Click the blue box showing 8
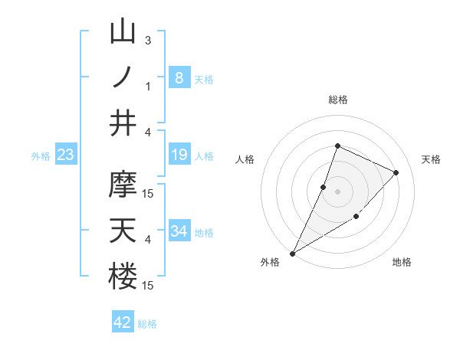coord(179,77)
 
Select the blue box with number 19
coord(179,155)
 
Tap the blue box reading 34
coord(179,231)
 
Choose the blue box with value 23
coord(66,155)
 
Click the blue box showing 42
coord(123,322)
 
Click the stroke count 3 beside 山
coord(148,40)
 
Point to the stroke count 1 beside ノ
coord(148,86)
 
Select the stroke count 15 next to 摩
coord(149,193)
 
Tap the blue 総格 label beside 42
coord(147,324)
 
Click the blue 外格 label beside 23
coord(41,156)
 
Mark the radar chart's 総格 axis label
coord(337,100)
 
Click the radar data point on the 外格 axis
coord(292,253)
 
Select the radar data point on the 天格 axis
coord(396,172)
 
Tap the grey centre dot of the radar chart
coord(337,191)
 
